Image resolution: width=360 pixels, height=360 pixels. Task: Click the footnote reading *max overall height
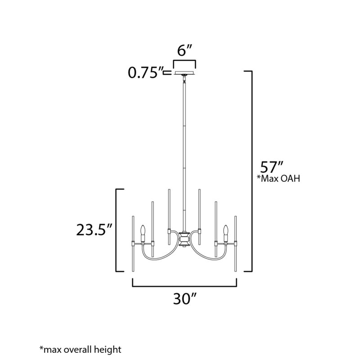[x=81, y=349]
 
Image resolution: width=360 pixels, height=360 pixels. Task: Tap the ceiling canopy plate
[x=184, y=72]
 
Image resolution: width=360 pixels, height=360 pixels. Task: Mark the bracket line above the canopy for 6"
[x=184, y=59]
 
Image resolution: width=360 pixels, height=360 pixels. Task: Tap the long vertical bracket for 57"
[x=250, y=171]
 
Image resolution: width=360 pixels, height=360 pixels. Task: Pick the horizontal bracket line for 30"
[x=184, y=285]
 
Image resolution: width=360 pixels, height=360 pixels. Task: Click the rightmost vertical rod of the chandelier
[x=235, y=245]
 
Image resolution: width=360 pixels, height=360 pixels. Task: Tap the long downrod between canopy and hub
[x=184, y=153]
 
